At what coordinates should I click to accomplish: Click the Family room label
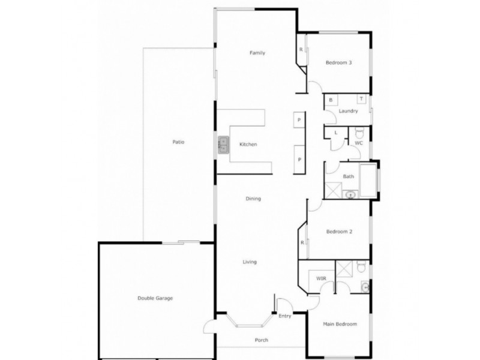coord(257,53)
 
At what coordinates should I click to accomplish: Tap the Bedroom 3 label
coord(338,63)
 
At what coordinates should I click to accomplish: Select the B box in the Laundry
coord(331,100)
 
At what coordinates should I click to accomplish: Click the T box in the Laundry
coord(362,100)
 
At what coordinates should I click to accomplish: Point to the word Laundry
coord(348,111)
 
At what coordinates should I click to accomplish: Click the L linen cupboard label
coord(335,132)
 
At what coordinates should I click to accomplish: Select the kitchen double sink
coord(223,145)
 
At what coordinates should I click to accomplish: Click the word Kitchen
coord(248,145)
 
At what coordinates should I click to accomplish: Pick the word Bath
coord(348,176)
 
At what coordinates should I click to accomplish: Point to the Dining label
coord(253,199)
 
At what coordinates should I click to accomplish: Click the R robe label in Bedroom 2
coord(302,242)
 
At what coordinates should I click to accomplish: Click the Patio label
coord(178,142)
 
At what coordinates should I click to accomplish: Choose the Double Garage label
coord(155,298)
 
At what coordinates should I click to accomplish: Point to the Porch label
coord(261,340)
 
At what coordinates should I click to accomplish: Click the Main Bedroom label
coord(340,324)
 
